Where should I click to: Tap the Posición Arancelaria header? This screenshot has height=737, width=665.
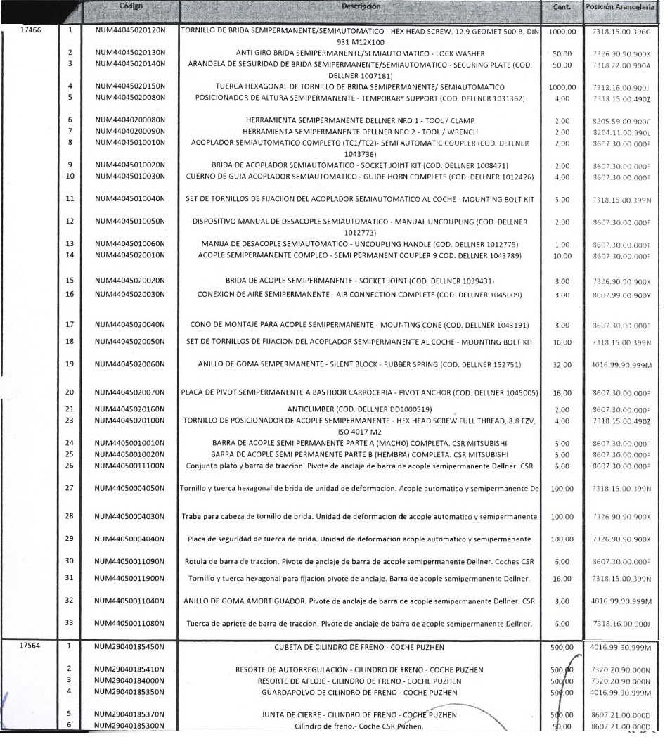point(621,7)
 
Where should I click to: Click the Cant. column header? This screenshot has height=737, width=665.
point(562,7)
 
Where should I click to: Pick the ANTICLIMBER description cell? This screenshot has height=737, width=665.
point(361,409)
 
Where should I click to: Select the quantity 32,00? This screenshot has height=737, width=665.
point(562,365)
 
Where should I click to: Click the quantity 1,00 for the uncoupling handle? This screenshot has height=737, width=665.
point(562,244)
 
